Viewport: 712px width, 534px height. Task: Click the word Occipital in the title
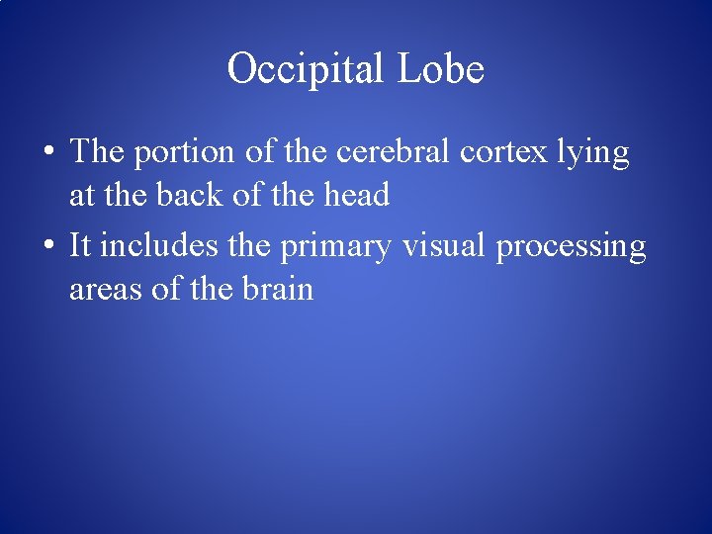[x=306, y=69]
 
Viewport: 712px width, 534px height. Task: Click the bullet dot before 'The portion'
[x=47, y=152]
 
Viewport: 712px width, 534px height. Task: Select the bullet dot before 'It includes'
[x=47, y=246]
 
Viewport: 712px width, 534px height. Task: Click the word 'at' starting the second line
[x=81, y=196]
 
